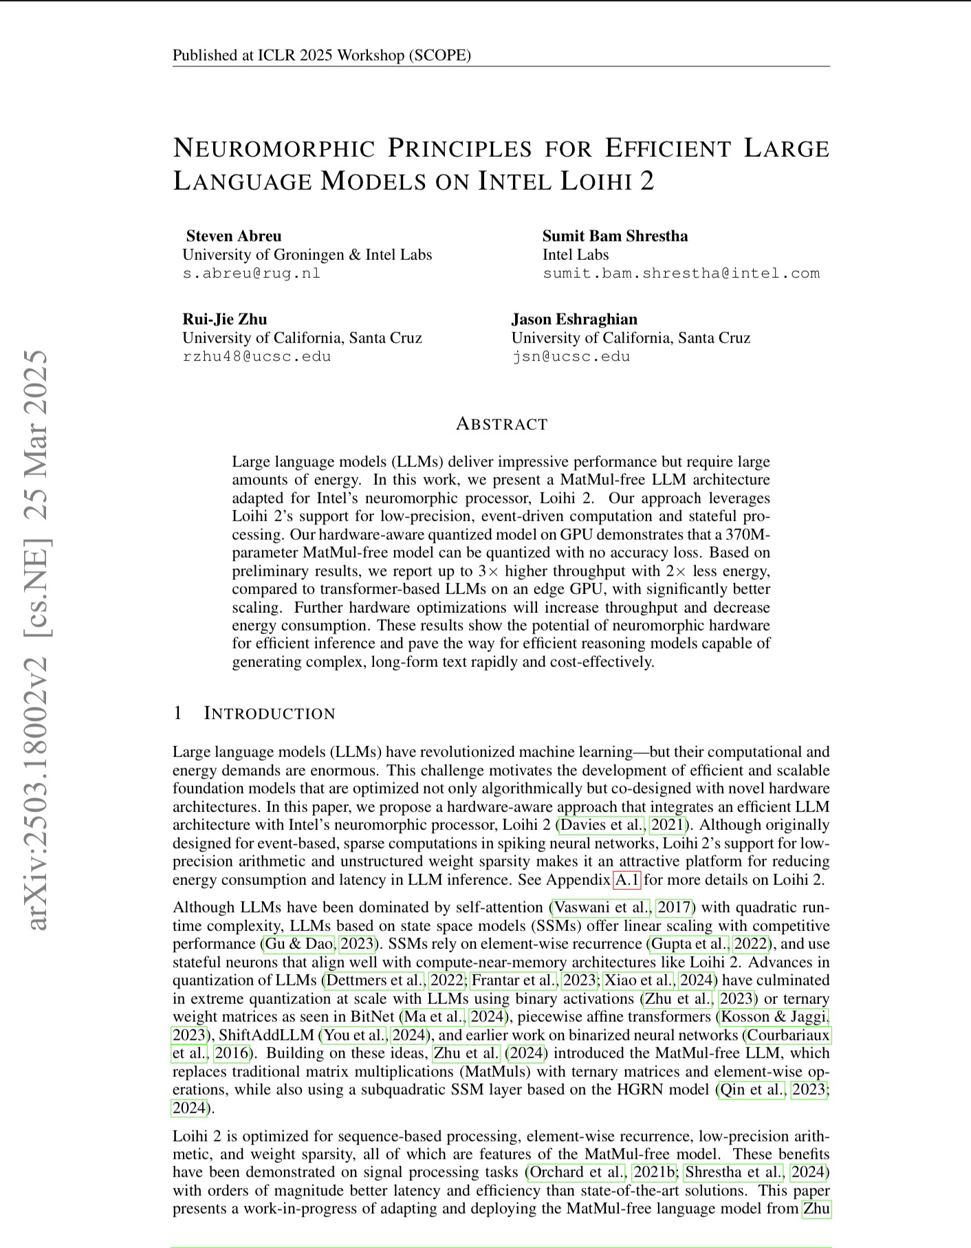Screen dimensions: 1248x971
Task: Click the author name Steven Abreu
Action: click(x=233, y=236)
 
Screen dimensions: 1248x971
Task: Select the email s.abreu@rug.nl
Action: click(x=251, y=273)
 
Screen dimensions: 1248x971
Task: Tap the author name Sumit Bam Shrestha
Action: click(x=615, y=236)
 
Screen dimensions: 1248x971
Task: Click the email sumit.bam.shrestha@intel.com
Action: click(x=681, y=273)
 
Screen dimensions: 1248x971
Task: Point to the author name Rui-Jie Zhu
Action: click(x=224, y=319)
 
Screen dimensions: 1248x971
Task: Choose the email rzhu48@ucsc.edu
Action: click(x=257, y=356)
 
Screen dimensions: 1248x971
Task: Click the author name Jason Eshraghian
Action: click(x=574, y=319)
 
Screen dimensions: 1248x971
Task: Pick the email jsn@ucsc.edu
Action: click(x=570, y=356)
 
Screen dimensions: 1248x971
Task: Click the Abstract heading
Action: click(x=501, y=424)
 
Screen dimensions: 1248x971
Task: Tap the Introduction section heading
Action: click(x=269, y=713)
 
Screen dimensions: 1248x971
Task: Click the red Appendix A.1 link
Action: click(x=626, y=879)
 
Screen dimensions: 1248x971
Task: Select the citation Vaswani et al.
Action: click(x=601, y=908)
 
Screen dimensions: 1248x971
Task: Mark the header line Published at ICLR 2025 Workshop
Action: click(x=321, y=55)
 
